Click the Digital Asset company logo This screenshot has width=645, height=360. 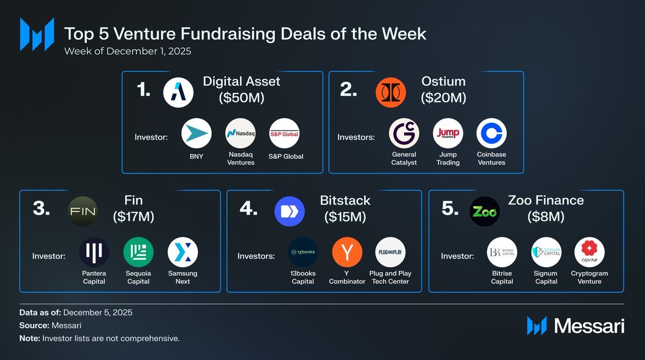pos(178,92)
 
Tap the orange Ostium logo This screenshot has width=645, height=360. pos(391,92)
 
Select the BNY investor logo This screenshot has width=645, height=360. pos(196,133)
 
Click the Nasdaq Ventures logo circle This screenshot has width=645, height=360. pos(240,133)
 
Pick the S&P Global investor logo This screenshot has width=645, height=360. pos(284,133)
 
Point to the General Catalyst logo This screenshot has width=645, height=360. pos(404,133)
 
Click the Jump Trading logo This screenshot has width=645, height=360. pos(448,133)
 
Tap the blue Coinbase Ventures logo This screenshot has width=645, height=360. pos(491,133)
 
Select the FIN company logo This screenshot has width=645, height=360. pos(83,212)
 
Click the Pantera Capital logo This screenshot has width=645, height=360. pos(94,252)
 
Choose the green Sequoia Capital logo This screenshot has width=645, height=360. pos(139,252)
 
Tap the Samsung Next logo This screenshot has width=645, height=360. pos(183,252)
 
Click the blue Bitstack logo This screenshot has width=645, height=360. pos(290,212)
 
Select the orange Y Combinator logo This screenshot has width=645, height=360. pos(347,252)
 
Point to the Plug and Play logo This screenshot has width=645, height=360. pos(390,252)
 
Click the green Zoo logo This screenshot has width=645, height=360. pos(485,212)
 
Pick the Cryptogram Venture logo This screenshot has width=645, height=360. pos(590,252)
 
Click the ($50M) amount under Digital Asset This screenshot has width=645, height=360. pos(241,98)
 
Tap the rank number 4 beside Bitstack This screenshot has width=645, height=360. pos(248,208)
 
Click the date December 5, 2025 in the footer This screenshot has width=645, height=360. pos(98,313)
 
